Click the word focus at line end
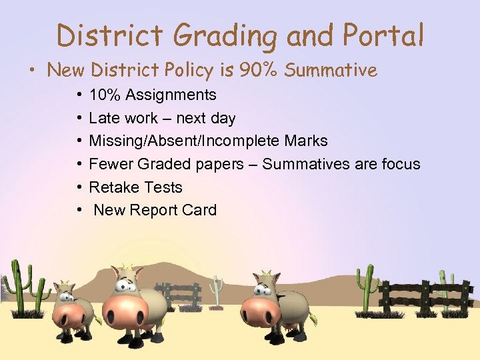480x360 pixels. pyautogui.click(x=401, y=164)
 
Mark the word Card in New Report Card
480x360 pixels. pyautogui.click(x=199, y=210)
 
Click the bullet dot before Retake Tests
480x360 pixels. pyautogui.click(x=79, y=187)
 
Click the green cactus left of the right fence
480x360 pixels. pyautogui.click(x=366, y=287)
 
